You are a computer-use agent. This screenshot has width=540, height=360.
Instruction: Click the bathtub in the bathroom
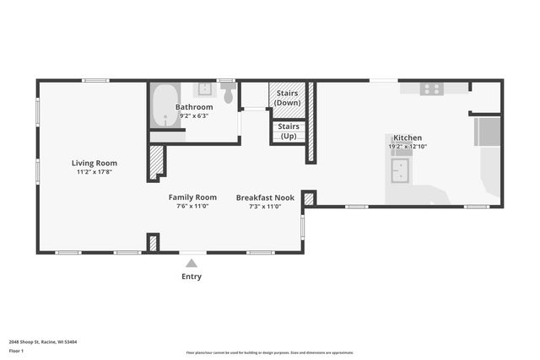(165, 106)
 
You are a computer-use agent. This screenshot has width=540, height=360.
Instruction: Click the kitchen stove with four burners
(431, 88)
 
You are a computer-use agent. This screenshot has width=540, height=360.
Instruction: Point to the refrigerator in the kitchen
(488, 132)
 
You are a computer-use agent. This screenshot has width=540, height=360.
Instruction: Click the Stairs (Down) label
(288, 98)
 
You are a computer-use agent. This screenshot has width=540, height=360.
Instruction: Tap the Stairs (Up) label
(288, 132)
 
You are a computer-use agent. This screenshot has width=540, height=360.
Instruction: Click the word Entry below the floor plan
(192, 276)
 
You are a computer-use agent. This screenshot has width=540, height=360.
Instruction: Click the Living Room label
(94, 163)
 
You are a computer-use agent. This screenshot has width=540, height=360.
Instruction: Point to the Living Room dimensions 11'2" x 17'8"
(94, 172)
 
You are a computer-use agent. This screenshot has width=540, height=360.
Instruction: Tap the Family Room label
(192, 197)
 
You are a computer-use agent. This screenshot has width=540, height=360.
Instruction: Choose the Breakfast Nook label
(265, 197)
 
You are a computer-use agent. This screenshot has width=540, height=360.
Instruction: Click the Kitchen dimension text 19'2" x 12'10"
(408, 147)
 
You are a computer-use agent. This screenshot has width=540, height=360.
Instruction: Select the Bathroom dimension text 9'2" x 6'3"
(194, 116)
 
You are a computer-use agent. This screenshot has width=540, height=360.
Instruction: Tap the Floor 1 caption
(16, 350)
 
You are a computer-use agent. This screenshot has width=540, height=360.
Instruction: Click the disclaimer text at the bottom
(269, 352)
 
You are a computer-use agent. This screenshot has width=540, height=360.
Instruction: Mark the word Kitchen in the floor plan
(408, 137)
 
